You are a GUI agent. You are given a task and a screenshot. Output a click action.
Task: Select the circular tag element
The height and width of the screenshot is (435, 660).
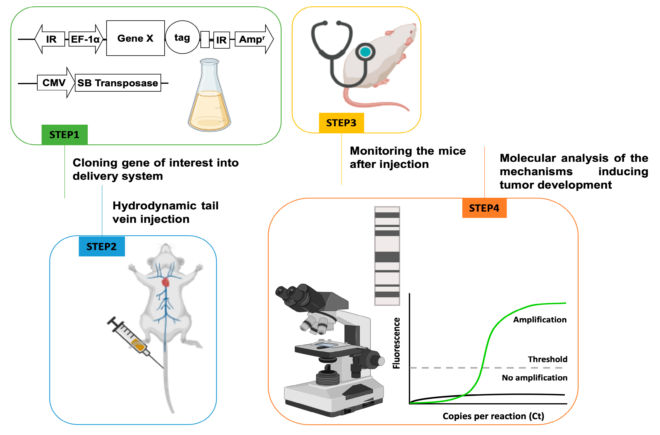point(182,37)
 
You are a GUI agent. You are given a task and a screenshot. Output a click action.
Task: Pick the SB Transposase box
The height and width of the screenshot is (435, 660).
point(118,83)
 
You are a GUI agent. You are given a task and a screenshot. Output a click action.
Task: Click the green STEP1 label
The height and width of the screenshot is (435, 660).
point(64,135)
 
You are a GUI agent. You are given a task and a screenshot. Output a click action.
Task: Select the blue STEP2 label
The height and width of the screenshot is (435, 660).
point(102,246)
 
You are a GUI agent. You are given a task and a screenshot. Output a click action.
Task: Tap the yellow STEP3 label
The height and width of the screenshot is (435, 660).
point(341,123)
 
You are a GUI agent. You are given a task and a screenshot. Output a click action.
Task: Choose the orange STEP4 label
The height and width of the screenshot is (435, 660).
point(484,208)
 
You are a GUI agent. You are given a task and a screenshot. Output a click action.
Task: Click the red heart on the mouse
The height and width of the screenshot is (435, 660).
point(166,282)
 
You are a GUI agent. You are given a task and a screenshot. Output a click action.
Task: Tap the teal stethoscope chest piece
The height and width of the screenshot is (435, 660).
point(365,52)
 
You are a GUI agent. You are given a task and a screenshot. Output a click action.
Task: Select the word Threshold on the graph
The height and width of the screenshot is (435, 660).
point(547,359)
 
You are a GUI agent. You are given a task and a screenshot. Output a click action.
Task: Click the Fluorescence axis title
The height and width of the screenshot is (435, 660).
point(396,343)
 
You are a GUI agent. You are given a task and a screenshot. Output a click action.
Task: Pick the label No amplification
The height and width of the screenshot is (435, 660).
point(534,378)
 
